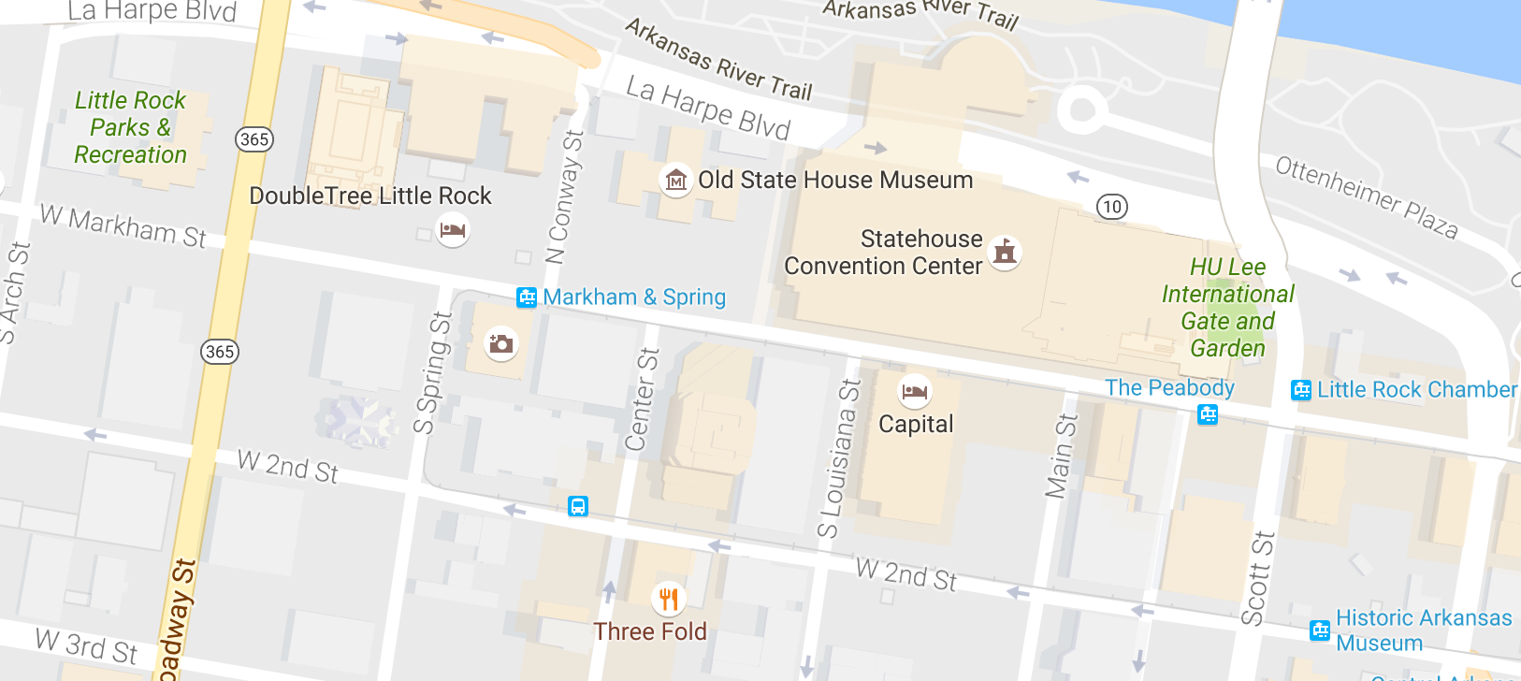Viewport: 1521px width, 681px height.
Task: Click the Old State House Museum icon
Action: coord(675,180)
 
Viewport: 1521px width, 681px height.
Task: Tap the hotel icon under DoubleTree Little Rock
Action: coord(453,229)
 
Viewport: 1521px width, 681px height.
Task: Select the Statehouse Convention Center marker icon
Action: coord(1005,252)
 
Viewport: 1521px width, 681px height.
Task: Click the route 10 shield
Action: coord(1111,207)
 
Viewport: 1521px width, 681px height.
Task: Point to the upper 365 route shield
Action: coord(253,139)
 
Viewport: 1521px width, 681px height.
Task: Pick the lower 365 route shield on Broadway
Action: coord(220,352)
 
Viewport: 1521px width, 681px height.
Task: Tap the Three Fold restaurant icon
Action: coord(668,598)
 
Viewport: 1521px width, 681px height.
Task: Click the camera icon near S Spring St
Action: coord(501,343)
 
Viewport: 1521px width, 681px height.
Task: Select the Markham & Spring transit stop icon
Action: coord(527,297)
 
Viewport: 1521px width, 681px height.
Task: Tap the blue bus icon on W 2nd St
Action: coord(578,507)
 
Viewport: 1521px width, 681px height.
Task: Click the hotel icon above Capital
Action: coord(915,391)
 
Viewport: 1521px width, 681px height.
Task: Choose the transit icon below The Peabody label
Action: coord(1208,413)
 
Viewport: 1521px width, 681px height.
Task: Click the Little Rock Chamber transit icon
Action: coord(1301,390)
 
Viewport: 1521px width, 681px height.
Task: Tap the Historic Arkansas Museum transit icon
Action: coord(1320,630)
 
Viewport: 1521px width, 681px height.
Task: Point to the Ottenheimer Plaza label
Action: coord(1367,197)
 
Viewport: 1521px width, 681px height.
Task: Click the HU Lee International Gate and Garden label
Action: coord(1227,308)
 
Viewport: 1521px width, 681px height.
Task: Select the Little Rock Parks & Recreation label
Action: coord(131,127)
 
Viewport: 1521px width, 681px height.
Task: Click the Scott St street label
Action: coord(1258,578)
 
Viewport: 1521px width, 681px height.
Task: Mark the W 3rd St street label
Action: coord(87,645)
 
